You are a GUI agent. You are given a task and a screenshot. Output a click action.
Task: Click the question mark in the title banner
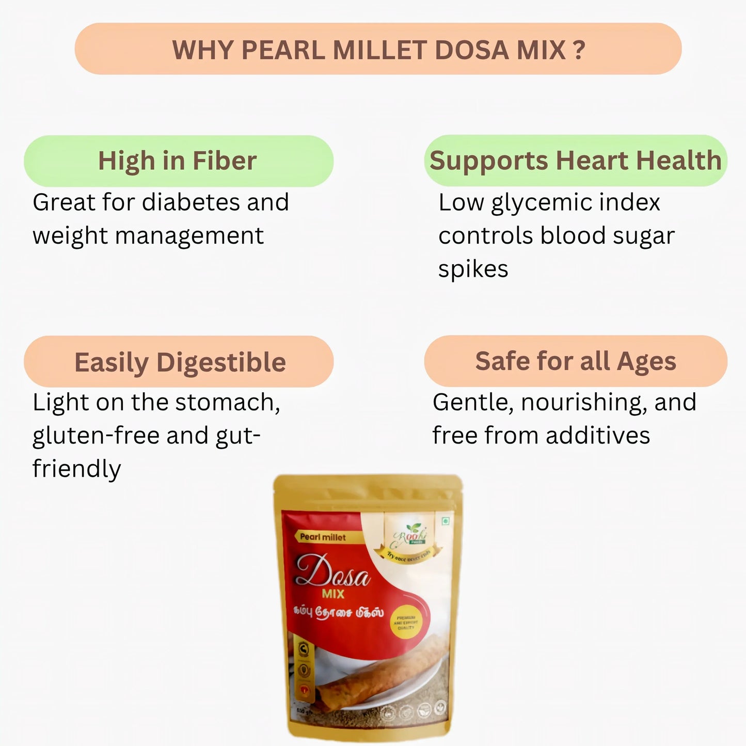tap(579, 50)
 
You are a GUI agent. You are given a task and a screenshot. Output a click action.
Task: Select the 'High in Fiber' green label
tap(178, 161)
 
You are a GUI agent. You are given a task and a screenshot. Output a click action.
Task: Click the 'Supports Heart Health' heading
tap(575, 161)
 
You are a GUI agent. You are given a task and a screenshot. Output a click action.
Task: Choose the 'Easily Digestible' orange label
tap(179, 362)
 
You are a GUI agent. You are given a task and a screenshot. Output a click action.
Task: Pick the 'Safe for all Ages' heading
tap(575, 361)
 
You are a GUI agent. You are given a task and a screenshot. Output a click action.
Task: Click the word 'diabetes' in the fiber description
tap(191, 202)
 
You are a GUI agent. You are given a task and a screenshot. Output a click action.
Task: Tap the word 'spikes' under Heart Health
tap(473, 269)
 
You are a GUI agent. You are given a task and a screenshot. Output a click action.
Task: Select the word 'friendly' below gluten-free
tap(76, 469)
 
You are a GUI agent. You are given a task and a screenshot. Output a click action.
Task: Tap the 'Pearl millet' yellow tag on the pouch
tap(323, 537)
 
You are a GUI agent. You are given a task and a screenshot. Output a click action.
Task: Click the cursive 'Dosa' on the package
tap(333, 572)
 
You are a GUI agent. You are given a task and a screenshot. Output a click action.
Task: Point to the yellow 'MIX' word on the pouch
tap(333, 594)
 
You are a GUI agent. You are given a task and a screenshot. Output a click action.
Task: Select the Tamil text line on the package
tap(338, 612)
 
